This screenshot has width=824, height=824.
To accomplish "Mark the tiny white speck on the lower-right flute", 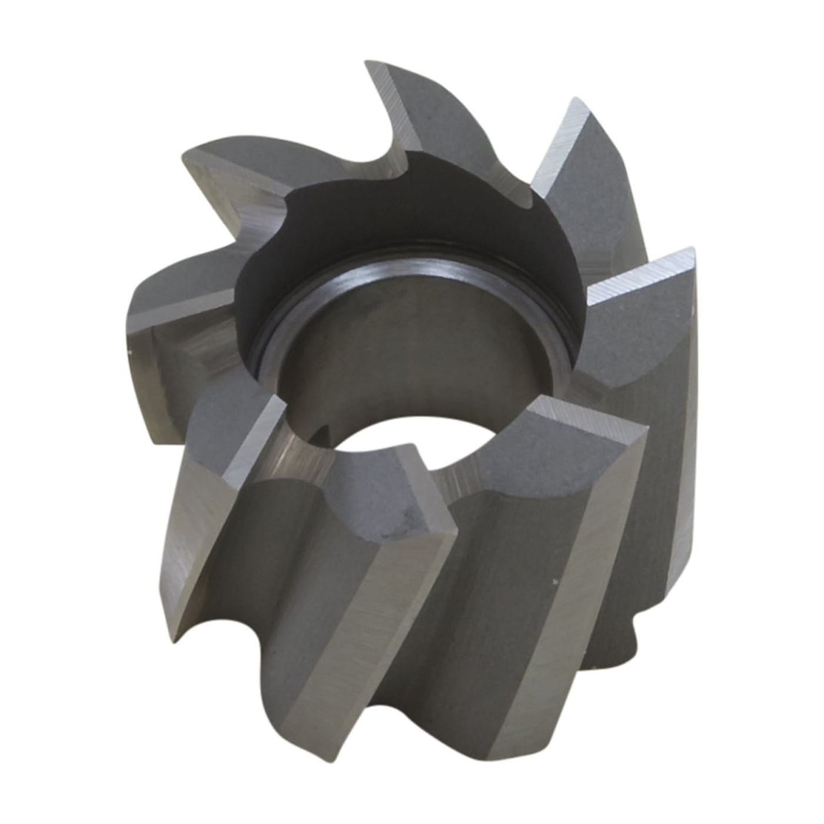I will tap(555, 583).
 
